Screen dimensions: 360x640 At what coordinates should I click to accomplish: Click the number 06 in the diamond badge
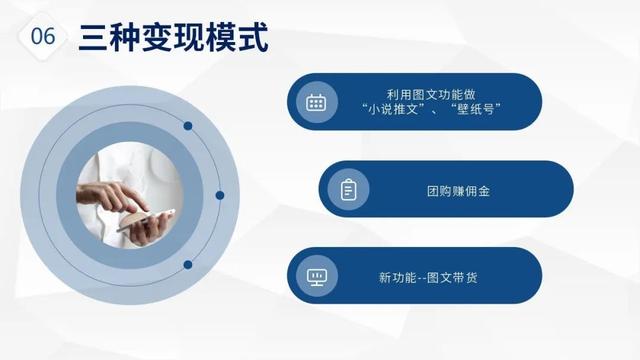[43, 38]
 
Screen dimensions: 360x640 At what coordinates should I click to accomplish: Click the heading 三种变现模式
[172, 38]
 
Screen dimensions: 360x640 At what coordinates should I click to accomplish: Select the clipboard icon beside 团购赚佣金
[348, 189]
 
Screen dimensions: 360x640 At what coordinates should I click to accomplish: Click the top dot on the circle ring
[187, 126]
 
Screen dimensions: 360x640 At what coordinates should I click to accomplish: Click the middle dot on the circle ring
[220, 195]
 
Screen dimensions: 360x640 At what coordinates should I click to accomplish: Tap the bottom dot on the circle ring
[187, 265]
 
